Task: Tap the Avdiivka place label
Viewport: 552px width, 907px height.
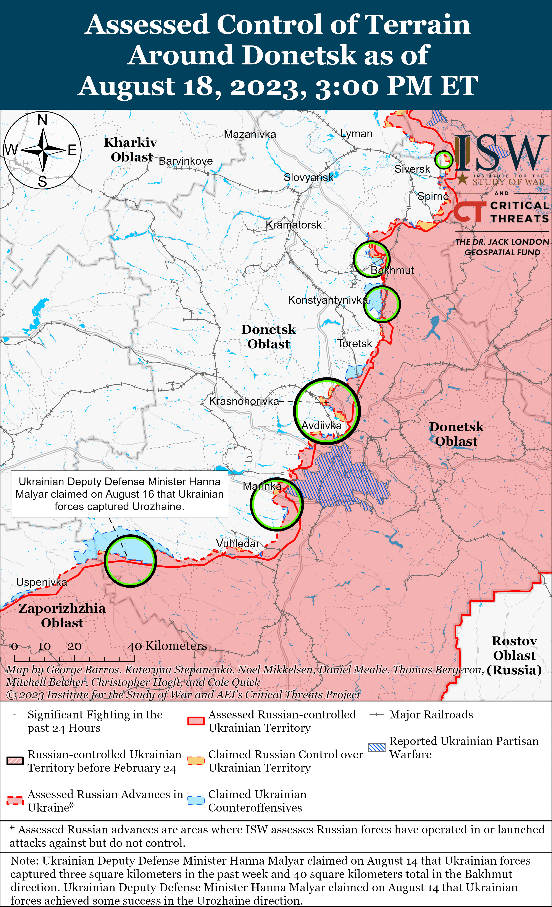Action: click(x=321, y=426)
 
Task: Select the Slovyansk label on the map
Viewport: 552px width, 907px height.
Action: click(x=309, y=177)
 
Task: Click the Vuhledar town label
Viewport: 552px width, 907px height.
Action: click(x=237, y=544)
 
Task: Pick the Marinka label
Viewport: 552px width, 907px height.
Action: click(x=262, y=486)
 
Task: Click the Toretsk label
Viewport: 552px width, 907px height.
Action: click(x=355, y=344)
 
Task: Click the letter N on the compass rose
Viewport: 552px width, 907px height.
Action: click(x=42, y=120)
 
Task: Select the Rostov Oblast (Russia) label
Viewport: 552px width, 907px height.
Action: click(x=514, y=656)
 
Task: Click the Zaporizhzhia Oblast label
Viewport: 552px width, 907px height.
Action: click(x=62, y=615)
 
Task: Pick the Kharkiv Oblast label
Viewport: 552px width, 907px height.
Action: click(x=131, y=150)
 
